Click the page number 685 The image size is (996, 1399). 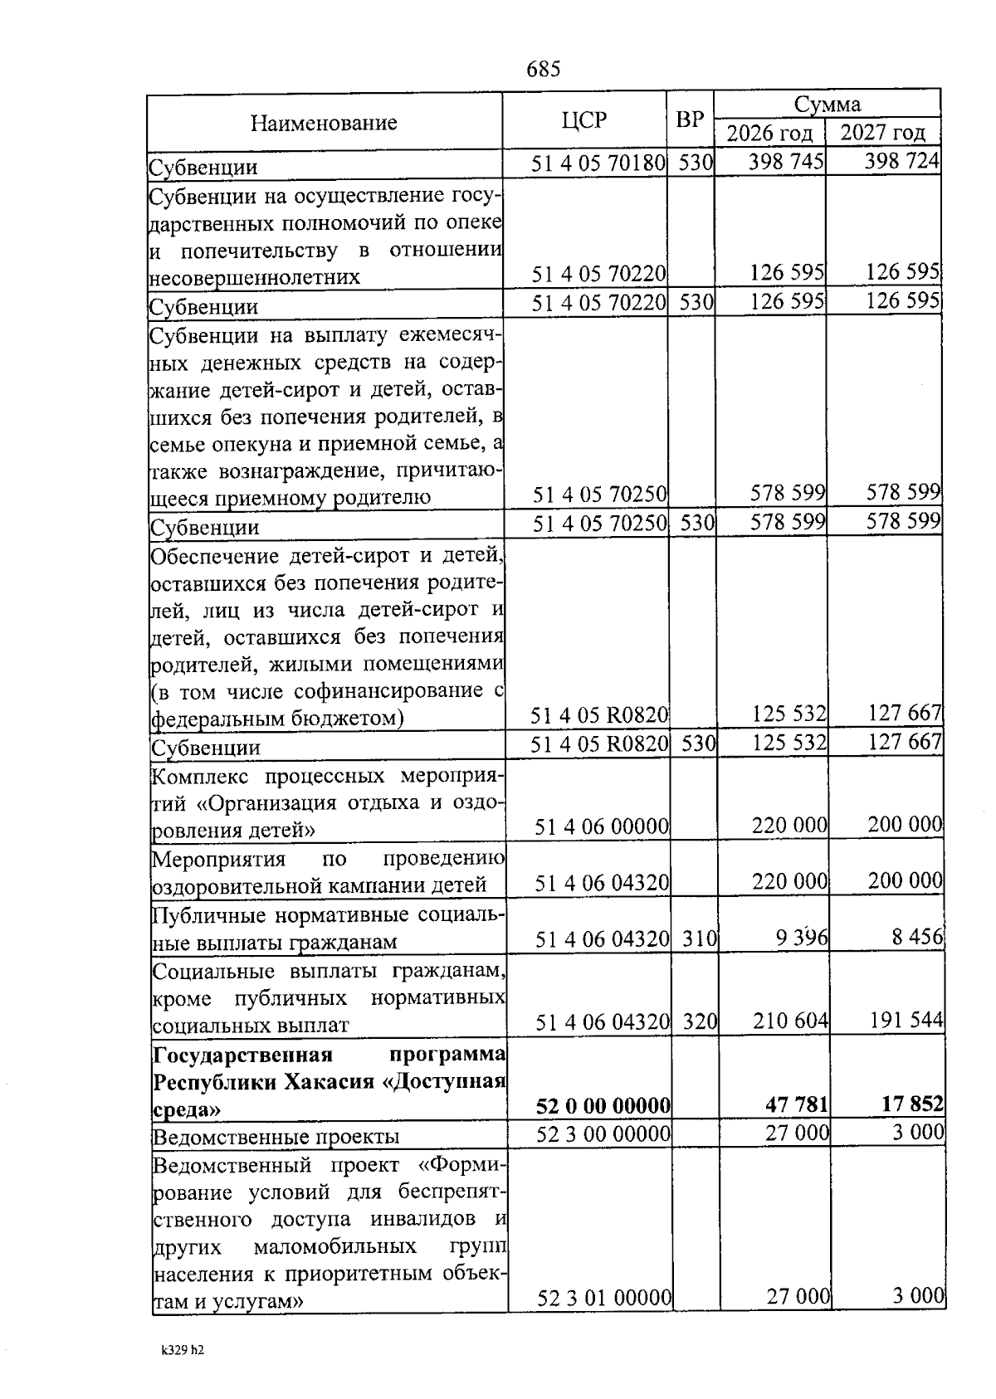[x=544, y=69]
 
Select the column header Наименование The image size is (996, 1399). [x=324, y=124]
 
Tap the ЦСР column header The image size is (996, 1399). [x=583, y=121]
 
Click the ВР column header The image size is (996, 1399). [x=689, y=120]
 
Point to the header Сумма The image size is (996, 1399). [x=827, y=105]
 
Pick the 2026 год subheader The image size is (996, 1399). [x=769, y=134]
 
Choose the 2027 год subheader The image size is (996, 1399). [x=883, y=134]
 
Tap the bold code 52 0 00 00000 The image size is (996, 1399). [x=603, y=1106]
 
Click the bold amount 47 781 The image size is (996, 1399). [x=796, y=1105]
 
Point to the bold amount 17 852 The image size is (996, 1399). [x=911, y=1104]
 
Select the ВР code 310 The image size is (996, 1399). [x=700, y=939]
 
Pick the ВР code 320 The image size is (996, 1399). [x=700, y=1021]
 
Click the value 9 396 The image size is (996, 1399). [x=802, y=938]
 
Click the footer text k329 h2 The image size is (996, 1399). [x=182, y=1350]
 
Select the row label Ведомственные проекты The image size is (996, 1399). [x=276, y=1136]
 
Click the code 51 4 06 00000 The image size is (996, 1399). [x=602, y=827]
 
